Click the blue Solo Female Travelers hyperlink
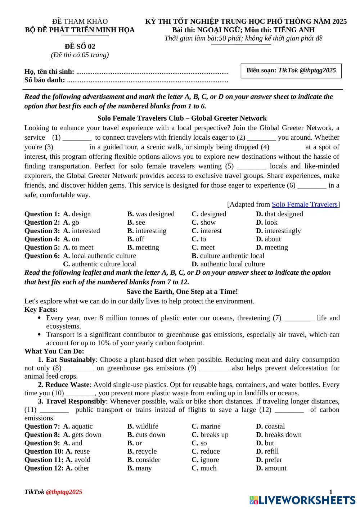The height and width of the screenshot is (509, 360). [305, 204]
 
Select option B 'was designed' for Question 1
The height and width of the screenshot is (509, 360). [151, 214]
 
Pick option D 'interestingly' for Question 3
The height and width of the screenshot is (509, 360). [278, 231]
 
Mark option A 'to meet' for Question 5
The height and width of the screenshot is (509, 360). [78, 247]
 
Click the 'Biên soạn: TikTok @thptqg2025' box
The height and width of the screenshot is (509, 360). [291, 71]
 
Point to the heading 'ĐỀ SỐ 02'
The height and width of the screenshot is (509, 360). [80, 46]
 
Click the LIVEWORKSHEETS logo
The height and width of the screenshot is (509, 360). [302, 500]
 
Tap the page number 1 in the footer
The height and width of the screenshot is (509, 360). [331, 492]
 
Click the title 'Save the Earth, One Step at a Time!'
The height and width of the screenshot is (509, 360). [182, 292]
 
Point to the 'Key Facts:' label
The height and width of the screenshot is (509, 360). [41, 310]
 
